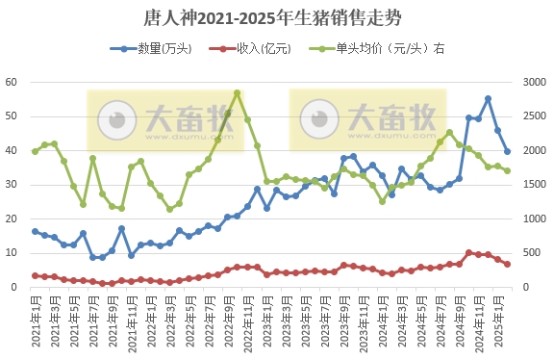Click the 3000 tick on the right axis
pos(533,83)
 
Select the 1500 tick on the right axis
pos(533,185)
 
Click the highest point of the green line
pos(238,93)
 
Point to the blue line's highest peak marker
pos(488,98)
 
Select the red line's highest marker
pos(468,252)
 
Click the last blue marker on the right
pos(507,151)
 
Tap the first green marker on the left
pos(35,151)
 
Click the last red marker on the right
pos(507,264)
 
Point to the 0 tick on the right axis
pos(526,287)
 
